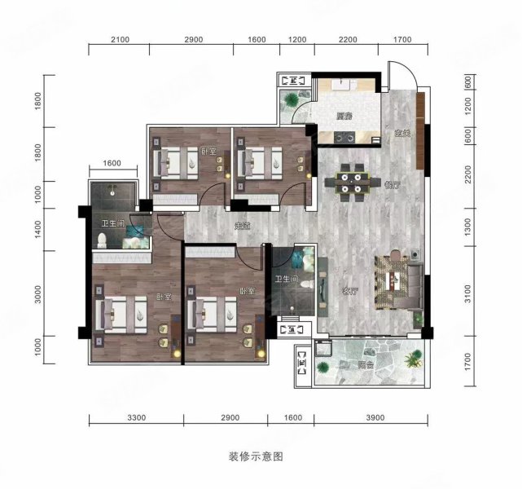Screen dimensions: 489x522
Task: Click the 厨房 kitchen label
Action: (x=344, y=117)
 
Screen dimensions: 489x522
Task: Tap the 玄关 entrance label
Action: (x=400, y=134)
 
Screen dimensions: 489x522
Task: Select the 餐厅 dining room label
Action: (x=392, y=184)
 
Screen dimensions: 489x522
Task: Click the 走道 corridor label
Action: (x=241, y=226)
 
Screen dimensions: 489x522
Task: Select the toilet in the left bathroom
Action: (x=103, y=240)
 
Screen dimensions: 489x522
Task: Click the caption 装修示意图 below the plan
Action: (x=257, y=457)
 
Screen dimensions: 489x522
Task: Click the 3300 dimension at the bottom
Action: (x=136, y=418)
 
